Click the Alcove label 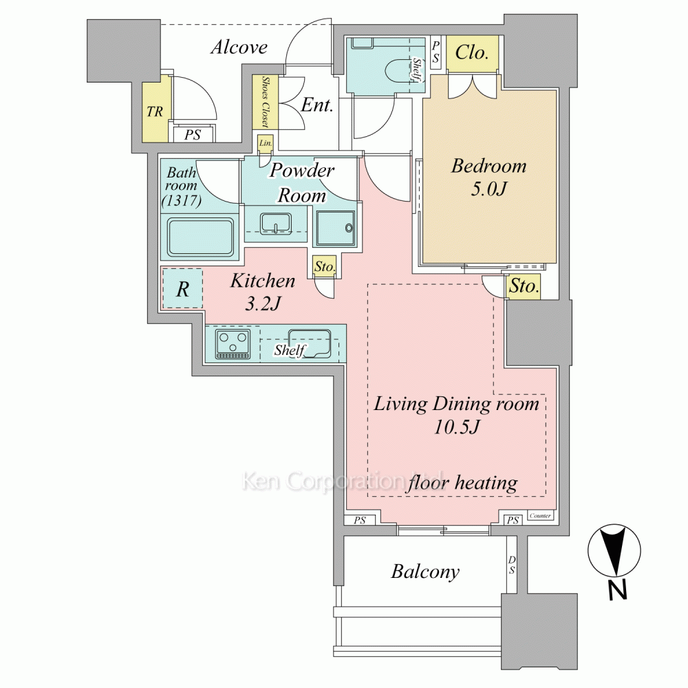pyautogui.click(x=239, y=47)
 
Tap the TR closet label pyautogui.click(x=154, y=111)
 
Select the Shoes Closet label pyautogui.click(x=265, y=102)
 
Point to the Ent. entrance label pyautogui.click(x=316, y=105)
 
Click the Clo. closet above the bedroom pyautogui.click(x=472, y=53)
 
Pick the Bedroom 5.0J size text pyautogui.click(x=488, y=189)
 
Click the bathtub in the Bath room pyautogui.click(x=200, y=237)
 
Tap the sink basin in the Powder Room pyautogui.click(x=276, y=224)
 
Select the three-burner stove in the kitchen pyautogui.click(x=233, y=343)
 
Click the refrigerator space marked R pyautogui.click(x=182, y=288)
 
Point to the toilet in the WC pyautogui.click(x=398, y=69)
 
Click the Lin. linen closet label pyautogui.click(x=266, y=143)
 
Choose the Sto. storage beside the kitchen pyautogui.click(x=325, y=266)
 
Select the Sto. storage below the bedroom pyautogui.click(x=524, y=286)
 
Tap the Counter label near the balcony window pyautogui.click(x=540, y=515)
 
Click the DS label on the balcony pyautogui.click(x=512, y=565)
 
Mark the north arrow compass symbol pyautogui.click(x=614, y=550)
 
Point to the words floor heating pyautogui.click(x=462, y=483)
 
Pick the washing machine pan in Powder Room pyautogui.click(x=336, y=228)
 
